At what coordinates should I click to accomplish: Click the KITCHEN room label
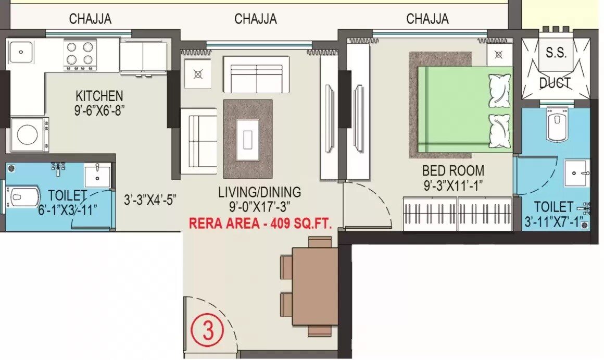click(x=99, y=96)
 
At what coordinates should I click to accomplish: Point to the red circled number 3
click(x=208, y=330)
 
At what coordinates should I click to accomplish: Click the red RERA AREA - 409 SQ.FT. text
click(x=260, y=224)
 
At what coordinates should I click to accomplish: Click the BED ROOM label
click(x=452, y=170)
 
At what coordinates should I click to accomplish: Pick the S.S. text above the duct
click(x=556, y=53)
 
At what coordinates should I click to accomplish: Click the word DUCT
click(x=555, y=82)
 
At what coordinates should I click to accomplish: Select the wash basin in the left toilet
click(x=97, y=175)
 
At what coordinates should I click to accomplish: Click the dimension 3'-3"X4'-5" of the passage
click(x=150, y=199)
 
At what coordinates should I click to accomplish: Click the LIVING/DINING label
click(x=259, y=192)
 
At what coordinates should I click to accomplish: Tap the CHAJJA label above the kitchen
click(x=90, y=19)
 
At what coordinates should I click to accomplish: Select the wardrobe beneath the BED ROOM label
click(x=456, y=214)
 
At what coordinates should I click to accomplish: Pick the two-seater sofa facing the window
click(x=256, y=74)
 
